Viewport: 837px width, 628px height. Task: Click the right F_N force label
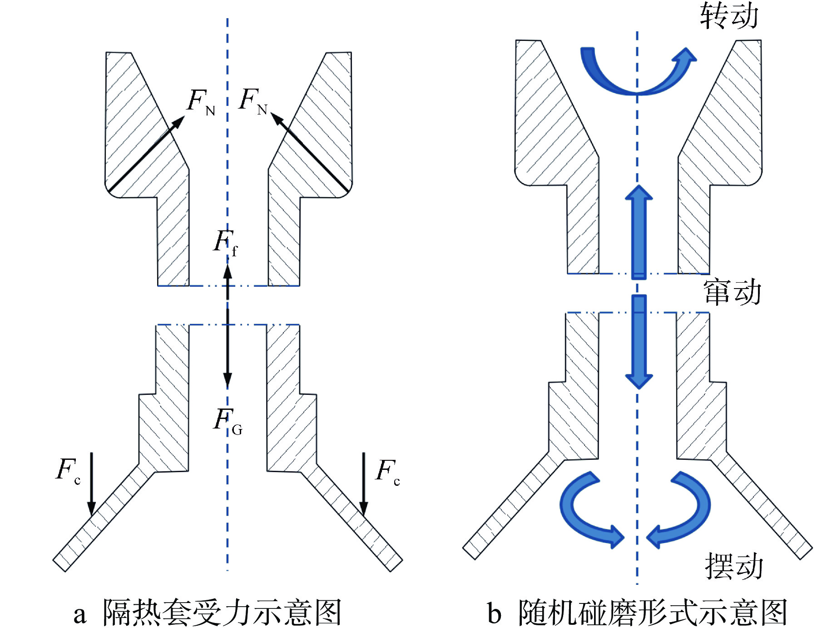pos(253,101)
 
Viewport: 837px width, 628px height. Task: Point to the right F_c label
pos(387,472)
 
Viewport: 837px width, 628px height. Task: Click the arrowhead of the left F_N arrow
pos(178,121)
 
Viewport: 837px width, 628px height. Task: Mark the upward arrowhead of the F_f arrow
pos(228,272)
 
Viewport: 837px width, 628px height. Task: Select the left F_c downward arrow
pos(91,484)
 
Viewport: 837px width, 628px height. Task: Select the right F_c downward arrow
pos(363,484)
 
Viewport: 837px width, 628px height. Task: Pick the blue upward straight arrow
pos(639,232)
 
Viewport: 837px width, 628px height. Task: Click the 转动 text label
pos(728,16)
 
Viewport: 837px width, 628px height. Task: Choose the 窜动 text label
pos(732,292)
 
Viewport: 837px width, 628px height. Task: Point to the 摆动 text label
pos(733,566)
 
